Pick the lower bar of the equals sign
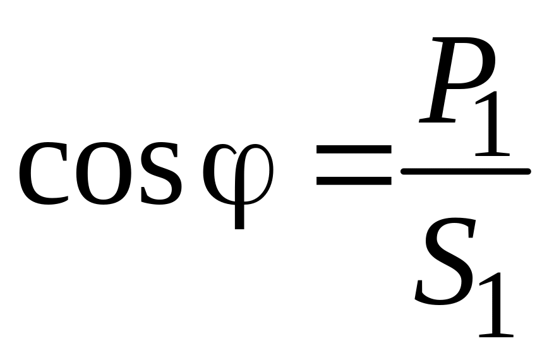pos(354,181)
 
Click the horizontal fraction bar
pos(466,171)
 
